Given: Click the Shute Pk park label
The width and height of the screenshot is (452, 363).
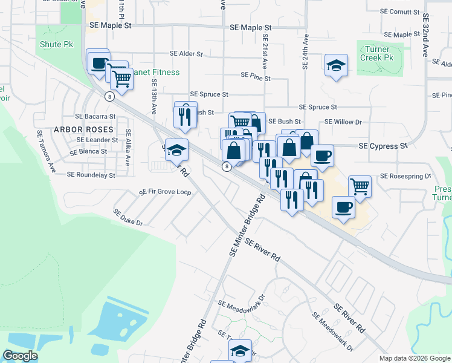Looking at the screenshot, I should click(x=56, y=45).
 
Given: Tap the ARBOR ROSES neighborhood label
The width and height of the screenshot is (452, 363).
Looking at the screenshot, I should click(x=83, y=129).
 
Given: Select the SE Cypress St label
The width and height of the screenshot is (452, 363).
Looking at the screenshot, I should click(x=383, y=146).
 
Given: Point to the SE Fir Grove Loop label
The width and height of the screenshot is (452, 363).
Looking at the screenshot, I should click(x=165, y=192).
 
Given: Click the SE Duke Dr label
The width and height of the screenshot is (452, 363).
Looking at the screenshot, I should click(x=128, y=218).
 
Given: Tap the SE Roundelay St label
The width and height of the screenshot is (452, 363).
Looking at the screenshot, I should click(x=91, y=175).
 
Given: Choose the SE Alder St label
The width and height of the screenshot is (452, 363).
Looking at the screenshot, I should click(x=186, y=54).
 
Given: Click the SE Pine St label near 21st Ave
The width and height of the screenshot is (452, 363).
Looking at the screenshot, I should click(x=255, y=76).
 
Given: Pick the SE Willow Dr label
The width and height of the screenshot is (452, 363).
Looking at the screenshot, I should click(x=343, y=122).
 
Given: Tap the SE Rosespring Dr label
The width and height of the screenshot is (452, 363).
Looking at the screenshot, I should click(x=405, y=177).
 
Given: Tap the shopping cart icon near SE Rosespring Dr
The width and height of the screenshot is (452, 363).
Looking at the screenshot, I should click(x=360, y=186).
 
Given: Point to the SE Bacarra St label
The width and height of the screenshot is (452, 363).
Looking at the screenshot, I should click(x=95, y=116).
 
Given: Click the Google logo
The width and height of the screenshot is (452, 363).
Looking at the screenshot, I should click(x=19, y=356).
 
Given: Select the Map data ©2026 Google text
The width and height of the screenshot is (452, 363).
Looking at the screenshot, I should click(x=414, y=358).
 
